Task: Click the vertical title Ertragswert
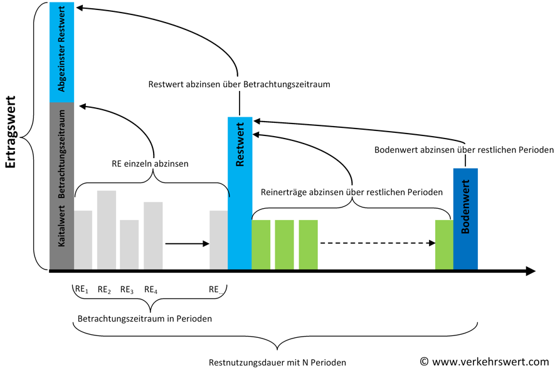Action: (x=11, y=132)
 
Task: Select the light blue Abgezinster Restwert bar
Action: (x=61, y=52)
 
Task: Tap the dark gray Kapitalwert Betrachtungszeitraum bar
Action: (x=61, y=186)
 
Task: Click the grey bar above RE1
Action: (x=83, y=240)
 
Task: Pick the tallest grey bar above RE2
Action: (x=107, y=230)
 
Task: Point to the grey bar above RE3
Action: (x=129, y=244)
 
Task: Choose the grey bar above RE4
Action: (x=153, y=236)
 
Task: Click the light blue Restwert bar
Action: (x=240, y=193)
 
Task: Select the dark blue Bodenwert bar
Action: (x=465, y=219)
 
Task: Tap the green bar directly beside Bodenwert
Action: (x=444, y=244)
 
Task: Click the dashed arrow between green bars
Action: (x=378, y=243)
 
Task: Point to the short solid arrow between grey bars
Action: (x=188, y=243)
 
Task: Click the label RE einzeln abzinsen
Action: (x=150, y=164)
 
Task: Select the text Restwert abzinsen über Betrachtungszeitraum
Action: (x=240, y=84)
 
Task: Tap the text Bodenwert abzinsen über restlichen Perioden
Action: (x=464, y=150)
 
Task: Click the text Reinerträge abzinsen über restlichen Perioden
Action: (x=352, y=192)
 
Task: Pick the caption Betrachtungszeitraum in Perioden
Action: (x=145, y=318)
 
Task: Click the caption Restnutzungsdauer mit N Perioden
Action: (x=277, y=362)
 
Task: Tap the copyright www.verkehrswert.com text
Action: (x=485, y=362)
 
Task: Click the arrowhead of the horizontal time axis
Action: (x=531, y=271)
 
